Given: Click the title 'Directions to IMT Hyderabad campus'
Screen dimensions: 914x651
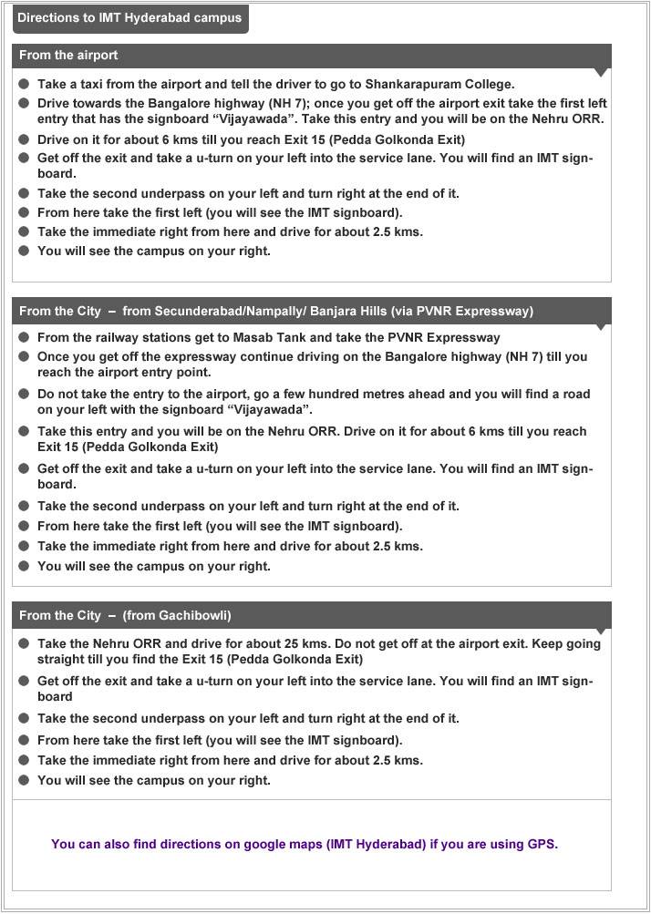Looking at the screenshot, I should [129, 18].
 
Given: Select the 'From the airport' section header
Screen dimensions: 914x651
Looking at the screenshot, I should [68, 56].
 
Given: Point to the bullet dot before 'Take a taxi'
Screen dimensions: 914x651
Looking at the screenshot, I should [24, 84].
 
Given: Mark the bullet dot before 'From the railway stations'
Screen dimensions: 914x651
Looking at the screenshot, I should [24, 338].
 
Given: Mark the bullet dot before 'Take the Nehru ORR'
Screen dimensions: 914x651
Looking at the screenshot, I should [24, 643].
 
